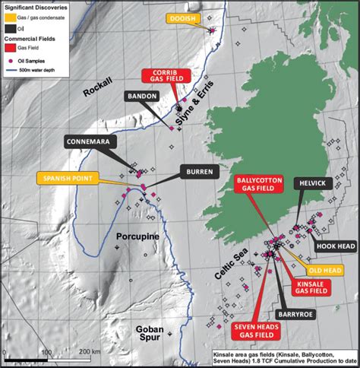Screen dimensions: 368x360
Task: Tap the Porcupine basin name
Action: pyautogui.click(x=137, y=236)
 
